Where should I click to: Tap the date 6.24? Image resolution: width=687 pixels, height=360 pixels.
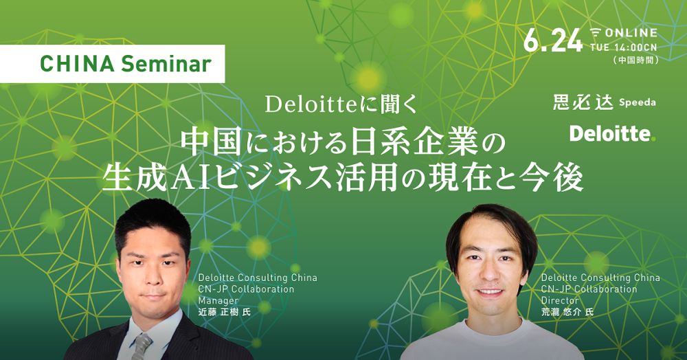[553, 41]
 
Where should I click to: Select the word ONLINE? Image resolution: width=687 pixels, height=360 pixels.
[631, 33]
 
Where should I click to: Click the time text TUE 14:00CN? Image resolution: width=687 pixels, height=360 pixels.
[624, 47]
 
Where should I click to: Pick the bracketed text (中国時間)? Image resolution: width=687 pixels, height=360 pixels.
[636, 60]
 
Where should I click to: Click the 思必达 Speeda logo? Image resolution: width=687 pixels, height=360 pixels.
[604, 102]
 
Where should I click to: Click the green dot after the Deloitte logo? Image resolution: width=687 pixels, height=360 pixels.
[653, 139]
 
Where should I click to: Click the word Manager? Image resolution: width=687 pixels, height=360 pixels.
[218, 301]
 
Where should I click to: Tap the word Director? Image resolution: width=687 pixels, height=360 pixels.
[559, 301]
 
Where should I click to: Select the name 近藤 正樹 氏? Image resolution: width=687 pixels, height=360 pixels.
[225, 313]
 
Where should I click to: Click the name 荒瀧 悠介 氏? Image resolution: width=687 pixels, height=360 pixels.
[567, 313]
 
